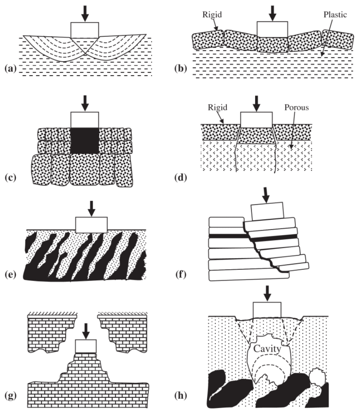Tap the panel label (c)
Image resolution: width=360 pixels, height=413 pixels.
point(9,177)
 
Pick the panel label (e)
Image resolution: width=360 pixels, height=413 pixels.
point(9,275)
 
